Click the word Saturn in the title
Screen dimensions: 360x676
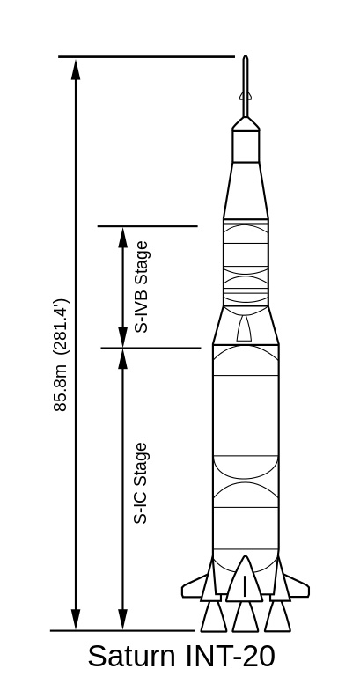(x=131, y=656)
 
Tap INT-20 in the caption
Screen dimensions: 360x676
(x=231, y=656)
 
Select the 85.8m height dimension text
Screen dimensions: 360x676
(x=60, y=388)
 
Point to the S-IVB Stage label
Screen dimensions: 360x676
(x=142, y=287)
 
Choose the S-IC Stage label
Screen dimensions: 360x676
(x=141, y=483)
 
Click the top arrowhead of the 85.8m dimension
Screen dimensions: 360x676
(x=76, y=70)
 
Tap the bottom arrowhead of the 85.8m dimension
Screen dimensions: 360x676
(x=76, y=620)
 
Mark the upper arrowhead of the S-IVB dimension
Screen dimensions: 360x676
(x=123, y=238)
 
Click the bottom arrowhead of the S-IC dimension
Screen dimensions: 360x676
(x=123, y=620)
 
